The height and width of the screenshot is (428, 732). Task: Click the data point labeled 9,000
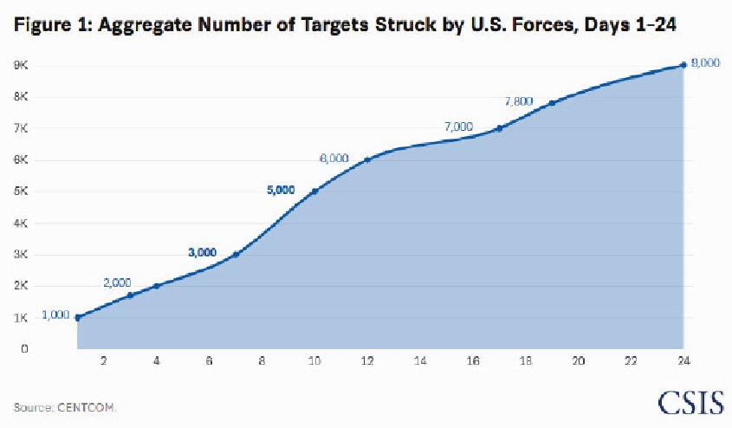click(683, 65)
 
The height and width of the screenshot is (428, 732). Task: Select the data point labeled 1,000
click(77, 317)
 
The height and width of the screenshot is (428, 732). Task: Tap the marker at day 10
click(314, 191)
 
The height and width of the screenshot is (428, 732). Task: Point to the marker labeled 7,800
click(552, 103)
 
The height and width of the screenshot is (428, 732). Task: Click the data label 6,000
click(334, 159)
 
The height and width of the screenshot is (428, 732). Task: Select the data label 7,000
click(458, 126)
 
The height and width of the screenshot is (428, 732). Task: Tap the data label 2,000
click(117, 283)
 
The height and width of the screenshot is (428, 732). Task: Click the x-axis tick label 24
click(683, 361)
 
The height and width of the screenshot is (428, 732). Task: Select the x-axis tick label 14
click(420, 361)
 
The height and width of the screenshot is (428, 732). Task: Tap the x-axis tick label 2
click(104, 361)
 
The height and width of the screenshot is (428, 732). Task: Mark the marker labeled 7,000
click(500, 128)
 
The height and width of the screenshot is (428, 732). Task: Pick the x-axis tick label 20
click(578, 361)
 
